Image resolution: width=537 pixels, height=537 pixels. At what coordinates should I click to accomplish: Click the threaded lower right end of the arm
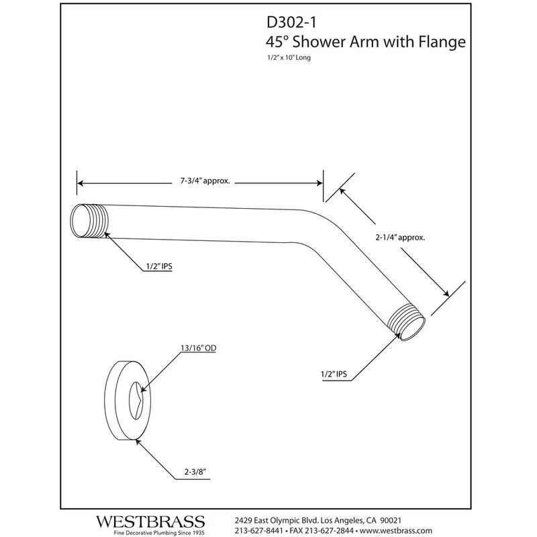coord(406,325)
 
